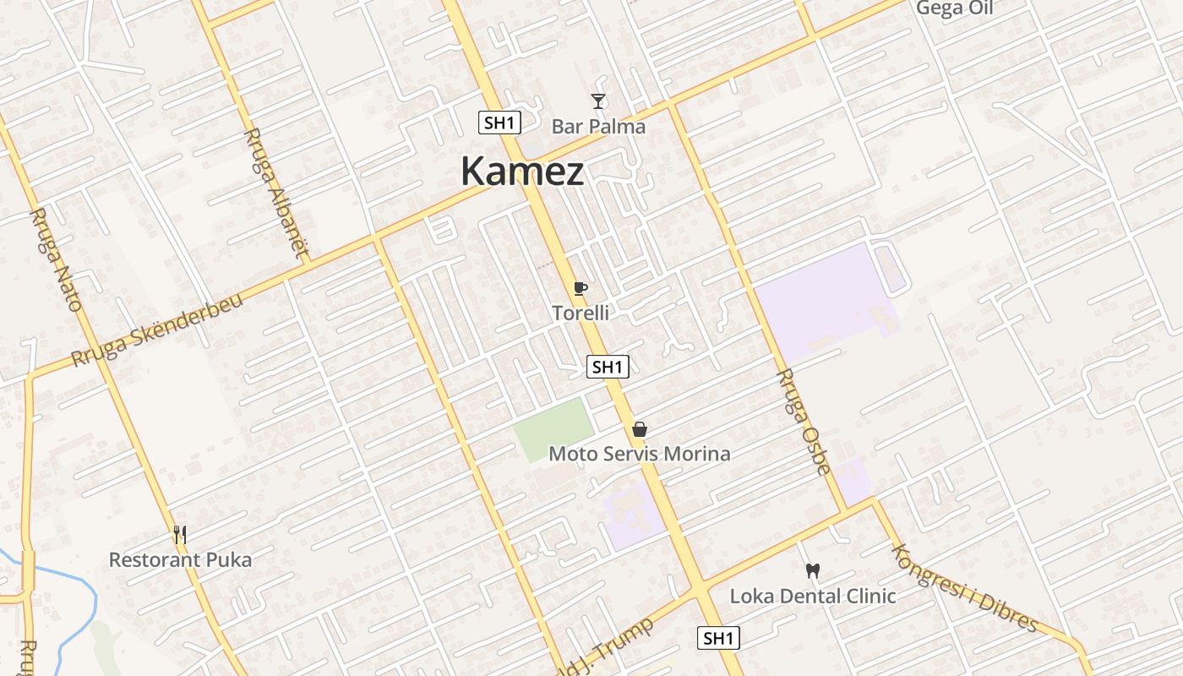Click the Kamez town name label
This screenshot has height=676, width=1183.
coord(522,172)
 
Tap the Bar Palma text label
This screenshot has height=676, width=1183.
coord(598,127)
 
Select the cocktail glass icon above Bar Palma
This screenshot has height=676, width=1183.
coord(598,102)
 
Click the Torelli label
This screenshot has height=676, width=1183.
coord(581,313)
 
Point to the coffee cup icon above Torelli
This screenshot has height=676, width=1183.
coord(580,289)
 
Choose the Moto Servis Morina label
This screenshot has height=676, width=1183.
coord(640,454)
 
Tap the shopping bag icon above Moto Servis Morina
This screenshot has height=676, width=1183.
coord(640,429)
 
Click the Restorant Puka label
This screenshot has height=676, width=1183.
coord(180,559)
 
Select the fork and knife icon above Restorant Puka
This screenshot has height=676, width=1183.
coord(179,535)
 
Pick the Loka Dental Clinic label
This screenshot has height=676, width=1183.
coord(813,596)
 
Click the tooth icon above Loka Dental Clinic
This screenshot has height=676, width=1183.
coord(813,571)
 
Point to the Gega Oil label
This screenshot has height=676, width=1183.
coord(955,8)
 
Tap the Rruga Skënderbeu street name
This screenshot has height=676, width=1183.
coord(157,330)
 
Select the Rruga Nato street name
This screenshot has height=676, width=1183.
coord(56,259)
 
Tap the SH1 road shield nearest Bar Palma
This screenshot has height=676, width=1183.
coord(499,123)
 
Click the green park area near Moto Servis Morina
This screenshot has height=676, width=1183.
coord(553,429)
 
